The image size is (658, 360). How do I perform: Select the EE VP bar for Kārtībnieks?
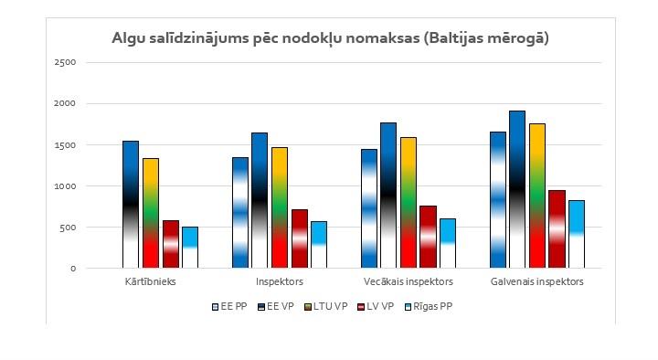point(131,205)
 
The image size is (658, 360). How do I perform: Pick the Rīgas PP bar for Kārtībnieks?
point(190,248)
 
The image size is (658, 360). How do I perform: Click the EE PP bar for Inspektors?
point(239,213)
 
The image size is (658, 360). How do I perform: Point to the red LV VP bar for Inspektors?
point(300,238)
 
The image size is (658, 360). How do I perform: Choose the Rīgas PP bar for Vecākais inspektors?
point(447,243)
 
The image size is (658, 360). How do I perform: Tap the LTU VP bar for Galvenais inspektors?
point(537,196)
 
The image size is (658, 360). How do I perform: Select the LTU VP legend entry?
point(327,307)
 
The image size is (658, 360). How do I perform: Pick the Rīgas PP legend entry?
point(430,307)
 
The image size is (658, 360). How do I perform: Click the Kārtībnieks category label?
point(151,281)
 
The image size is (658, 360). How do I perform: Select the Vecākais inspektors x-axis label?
point(408,281)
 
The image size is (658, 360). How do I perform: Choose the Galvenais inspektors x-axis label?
point(536,281)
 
